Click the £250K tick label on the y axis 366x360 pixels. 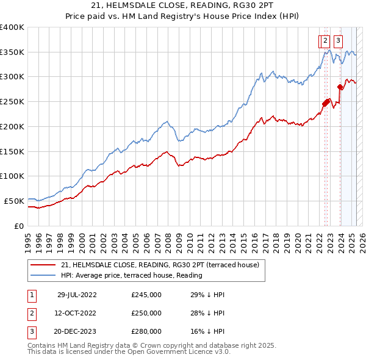pyautogui.click(x=12, y=102)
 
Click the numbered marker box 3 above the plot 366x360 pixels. pyautogui.click(x=338, y=41)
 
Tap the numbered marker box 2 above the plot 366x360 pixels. pyautogui.click(x=325, y=41)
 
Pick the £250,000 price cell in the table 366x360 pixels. pyautogui.click(x=146, y=314)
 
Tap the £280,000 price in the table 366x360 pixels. pyautogui.click(x=146, y=333)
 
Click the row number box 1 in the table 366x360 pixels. pyautogui.click(x=30, y=295)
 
